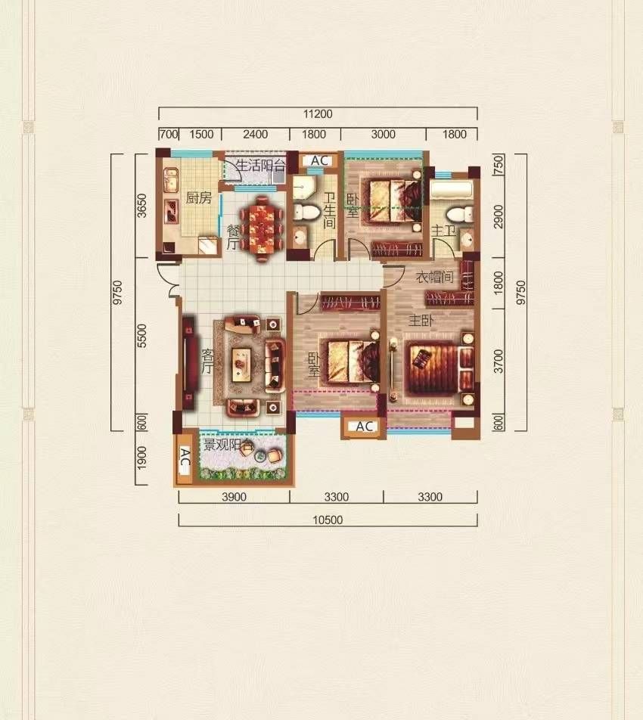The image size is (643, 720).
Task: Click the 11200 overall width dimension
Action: [x=318, y=113]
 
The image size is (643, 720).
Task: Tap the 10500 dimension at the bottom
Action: [x=328, y=520]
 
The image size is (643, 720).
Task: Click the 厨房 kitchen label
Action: [x=199, y=198]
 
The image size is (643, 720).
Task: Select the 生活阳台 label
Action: [x=260, y=165]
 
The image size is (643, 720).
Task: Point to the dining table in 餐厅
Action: [x=261, y=228]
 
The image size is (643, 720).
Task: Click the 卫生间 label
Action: [x=329, y=210]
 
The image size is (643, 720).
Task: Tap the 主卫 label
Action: [x=443, y=230]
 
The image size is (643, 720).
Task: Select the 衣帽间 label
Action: [x=434, y=277]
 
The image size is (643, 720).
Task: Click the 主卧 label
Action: [x=421, y=320]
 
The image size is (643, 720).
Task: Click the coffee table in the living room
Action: [x=241, y=365]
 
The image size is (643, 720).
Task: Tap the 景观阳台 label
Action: [x=228, y=445]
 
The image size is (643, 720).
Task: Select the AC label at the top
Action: [x=319, y=160]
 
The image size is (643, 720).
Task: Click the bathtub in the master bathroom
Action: [x=451, y=191]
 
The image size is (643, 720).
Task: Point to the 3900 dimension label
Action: [x=235, y=496]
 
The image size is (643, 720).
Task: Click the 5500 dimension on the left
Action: [x=142, y=336]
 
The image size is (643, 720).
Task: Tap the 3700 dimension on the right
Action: [x=499, y=361]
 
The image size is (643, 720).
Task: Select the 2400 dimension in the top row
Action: [x=256, y=134]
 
